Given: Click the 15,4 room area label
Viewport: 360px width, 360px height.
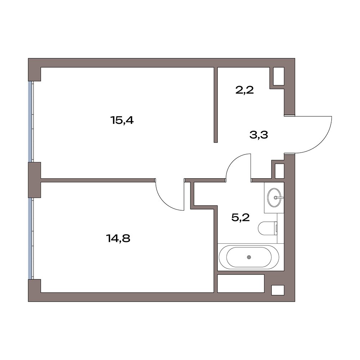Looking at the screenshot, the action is (x=122, y=120).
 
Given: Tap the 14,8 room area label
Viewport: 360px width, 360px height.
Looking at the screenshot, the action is (x=118, y=238).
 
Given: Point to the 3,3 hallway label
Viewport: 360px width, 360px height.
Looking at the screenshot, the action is (x=259, y=135).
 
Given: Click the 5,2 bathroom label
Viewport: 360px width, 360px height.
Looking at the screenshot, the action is (x=240, y=217).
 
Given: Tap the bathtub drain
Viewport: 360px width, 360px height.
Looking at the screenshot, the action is (x=249, y=257).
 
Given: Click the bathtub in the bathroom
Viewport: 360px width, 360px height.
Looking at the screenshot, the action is (x=249, y=257).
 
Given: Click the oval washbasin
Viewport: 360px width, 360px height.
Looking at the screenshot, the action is (x=274, y=197).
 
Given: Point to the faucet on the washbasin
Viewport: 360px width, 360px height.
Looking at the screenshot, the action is (x=279, y=197).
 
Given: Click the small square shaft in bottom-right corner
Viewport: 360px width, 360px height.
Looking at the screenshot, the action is (x=278, y=290).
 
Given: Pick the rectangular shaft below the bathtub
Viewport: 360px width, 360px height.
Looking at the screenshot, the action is (x=241, y=284).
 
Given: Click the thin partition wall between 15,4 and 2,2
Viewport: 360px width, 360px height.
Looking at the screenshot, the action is (x=216, y=105).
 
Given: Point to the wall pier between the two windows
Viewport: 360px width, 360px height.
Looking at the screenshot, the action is (x=35, y=180).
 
